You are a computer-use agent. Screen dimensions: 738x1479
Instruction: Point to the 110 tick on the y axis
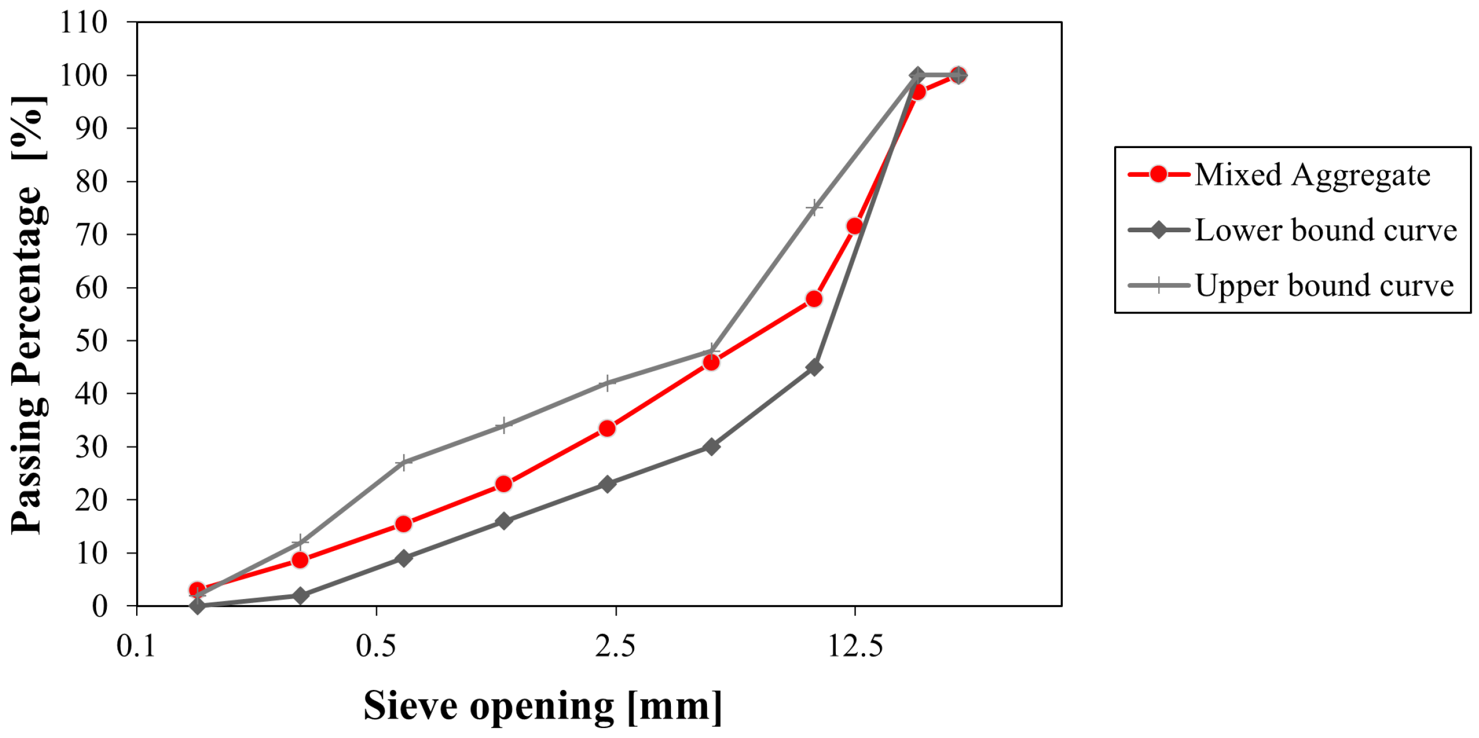coord(84,23)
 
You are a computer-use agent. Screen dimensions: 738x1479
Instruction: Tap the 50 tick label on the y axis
coord(91,341)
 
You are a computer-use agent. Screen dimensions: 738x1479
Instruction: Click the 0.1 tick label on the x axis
coord(136,645)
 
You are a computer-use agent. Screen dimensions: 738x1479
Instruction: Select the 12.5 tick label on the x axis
coord(854,645)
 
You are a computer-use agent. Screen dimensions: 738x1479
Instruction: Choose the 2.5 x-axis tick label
coord(615,645)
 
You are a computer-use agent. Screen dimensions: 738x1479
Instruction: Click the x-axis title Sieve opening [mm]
coord(543,706)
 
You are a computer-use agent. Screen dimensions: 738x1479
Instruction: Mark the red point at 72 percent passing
coord(854,225)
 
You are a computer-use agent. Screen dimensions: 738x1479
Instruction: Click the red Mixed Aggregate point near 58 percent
coord(814,298)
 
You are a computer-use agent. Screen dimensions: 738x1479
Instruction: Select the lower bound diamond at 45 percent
coord(814,367)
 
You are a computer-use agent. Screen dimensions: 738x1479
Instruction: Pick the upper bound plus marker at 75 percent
coord(814,207)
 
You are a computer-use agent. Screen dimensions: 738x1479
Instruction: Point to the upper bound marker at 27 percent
coord(404,462)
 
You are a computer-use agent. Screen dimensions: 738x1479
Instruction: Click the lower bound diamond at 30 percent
coord(711,446)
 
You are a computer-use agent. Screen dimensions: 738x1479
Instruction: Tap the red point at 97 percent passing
coord(918,92)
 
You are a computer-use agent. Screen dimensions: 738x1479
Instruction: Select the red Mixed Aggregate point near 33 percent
coord(607,428)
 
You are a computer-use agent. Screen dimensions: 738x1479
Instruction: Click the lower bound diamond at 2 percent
coord(300,596)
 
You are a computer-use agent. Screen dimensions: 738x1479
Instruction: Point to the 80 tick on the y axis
coord(91,181)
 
